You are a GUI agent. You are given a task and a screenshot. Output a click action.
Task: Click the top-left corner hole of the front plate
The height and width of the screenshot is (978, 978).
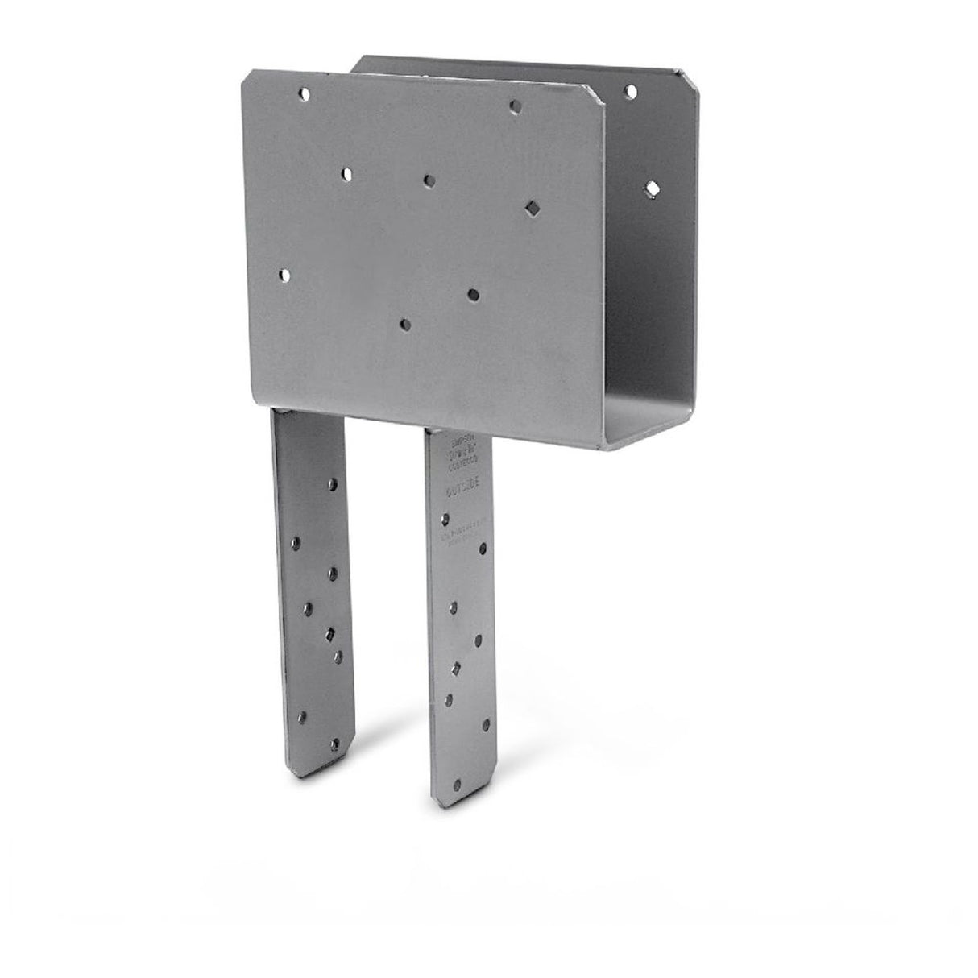tap(304, 94)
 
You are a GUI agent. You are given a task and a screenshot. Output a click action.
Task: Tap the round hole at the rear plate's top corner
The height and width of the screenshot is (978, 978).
tap(630, 92)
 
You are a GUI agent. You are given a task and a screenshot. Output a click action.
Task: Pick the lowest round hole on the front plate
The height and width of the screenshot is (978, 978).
tap(405, 325)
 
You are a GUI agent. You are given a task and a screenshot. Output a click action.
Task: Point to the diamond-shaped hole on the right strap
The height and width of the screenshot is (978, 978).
tap(455, 667)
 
